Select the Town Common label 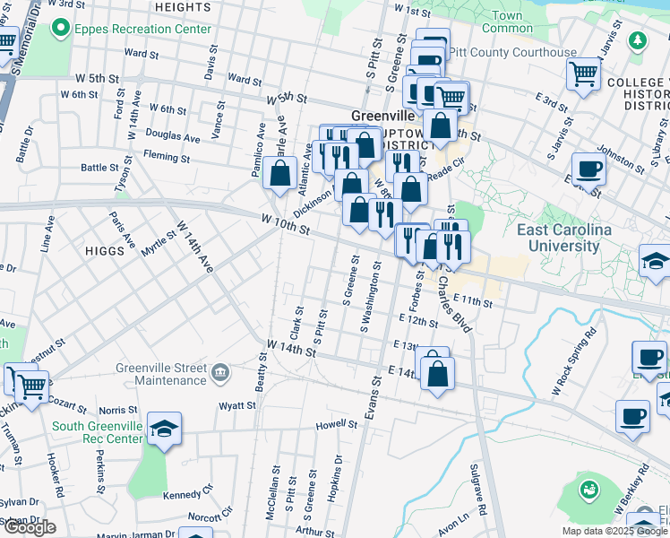tap(507, 22)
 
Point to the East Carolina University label tap(564, 238)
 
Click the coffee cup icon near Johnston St tap(588, 168)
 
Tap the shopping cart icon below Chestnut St tap(31, 386)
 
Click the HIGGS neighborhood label tap(106, 250)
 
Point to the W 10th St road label tap(286, 223)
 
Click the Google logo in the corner tap(30, 527)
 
